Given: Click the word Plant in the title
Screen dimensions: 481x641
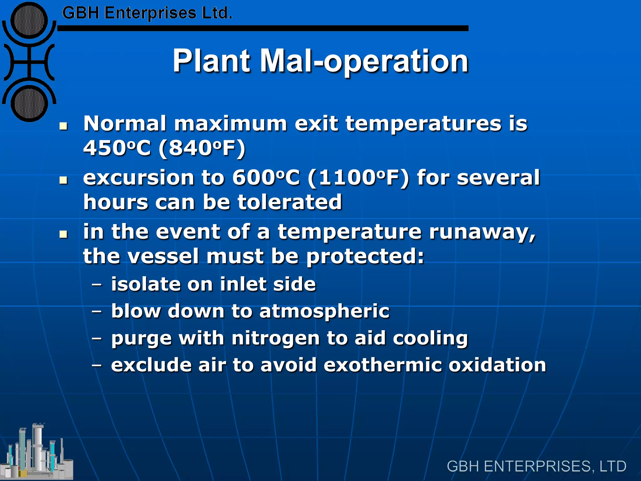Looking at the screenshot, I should (x=212, y=61).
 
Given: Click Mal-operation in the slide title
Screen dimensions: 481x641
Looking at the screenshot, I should (x=364, y=61).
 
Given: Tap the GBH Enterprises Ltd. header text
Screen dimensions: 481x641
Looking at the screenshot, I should (x=147, y=13).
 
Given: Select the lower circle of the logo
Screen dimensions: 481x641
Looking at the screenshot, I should (x=29, y=103).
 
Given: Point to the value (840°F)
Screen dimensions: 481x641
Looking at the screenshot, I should (x=202, y=148).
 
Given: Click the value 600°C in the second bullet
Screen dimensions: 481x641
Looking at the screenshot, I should (x=266, y=178).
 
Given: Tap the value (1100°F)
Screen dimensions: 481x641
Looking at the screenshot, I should (x=358, y=178).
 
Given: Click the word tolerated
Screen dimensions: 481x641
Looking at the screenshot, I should (x=290, y=202).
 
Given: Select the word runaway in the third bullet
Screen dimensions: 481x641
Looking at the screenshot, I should (x=482, y=232).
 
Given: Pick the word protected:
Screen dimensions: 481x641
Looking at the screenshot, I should (x=365, y=257).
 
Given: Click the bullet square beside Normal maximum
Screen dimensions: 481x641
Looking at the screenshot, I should (x=64, y=126).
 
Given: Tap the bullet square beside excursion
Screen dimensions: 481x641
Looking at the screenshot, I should (x=64, y=180).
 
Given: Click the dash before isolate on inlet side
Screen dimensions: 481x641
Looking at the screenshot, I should (x=97, y=285).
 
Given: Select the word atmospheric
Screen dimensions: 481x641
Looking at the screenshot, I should (x=324, y=312).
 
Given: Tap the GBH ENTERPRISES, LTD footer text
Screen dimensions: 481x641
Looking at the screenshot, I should (x=536, y=466).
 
